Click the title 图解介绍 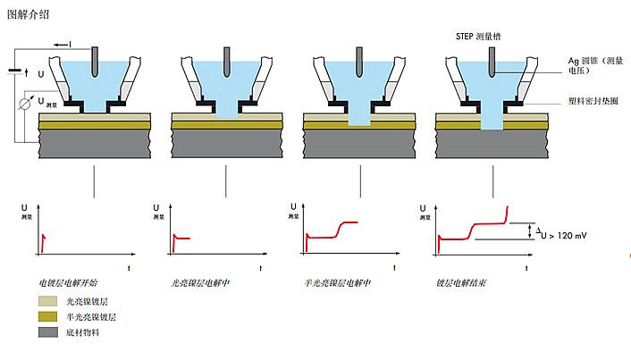click(x=29, y=15)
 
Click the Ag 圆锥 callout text click(x=594, y=66)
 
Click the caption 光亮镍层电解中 click(x=200, y=282)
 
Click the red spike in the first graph click(x=42, y=239)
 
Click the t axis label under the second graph click(x=260, y=267)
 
